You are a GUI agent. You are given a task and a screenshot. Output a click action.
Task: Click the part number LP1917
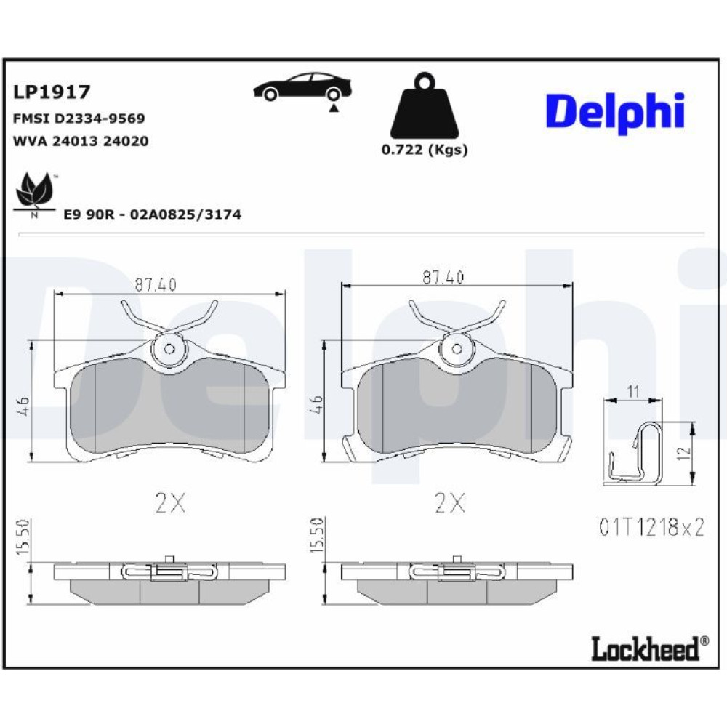(x=52, y=92)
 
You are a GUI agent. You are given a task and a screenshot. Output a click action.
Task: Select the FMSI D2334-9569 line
(x=79, y=119)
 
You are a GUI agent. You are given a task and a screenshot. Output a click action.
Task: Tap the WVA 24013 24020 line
(x=81, y=141)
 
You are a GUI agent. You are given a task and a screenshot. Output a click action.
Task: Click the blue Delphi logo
(x=615, y=112)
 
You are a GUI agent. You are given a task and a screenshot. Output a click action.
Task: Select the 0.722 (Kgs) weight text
(x=425, y=150)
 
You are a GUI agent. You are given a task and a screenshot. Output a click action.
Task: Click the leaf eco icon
(x=34, y=195)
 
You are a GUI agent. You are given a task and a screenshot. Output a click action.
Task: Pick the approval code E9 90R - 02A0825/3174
(x=152, y=214)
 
